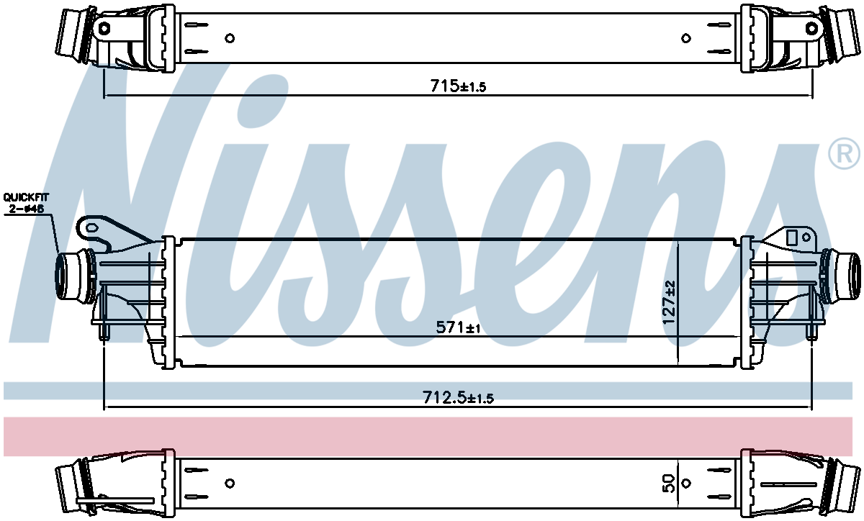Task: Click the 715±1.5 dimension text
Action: (x=458, y=86)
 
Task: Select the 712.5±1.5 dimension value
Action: (x=458, y=397)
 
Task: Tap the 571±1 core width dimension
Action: (x=458, y=327)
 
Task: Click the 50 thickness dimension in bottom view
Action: (x=669, y=483)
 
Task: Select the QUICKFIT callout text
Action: (x=26, y=197)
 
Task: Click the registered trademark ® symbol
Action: (x=844, y=154)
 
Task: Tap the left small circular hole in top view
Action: (x=230, y=38)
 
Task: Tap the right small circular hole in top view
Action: (x=685, y=38)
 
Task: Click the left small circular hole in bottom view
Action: (x=230, y=483)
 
